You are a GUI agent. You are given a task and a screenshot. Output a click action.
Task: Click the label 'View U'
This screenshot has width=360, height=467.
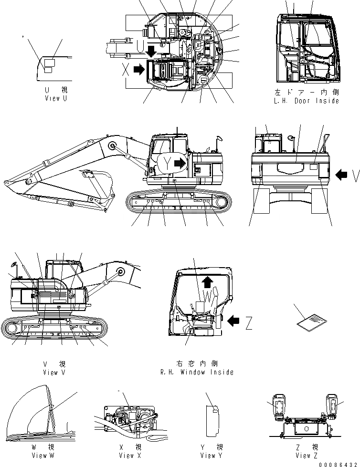coord(52,98)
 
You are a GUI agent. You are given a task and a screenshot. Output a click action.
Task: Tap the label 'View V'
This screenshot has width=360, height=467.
coord(57,372)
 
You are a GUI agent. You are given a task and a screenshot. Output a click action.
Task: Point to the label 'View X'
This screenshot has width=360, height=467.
coord(127,455)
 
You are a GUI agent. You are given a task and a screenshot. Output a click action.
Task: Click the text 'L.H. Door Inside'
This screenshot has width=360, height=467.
coord(307,101)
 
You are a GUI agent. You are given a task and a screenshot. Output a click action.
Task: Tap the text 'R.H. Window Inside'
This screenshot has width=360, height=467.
coord(198,372)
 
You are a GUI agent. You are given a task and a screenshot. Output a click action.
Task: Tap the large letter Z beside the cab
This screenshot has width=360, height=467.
coord(249,324)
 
